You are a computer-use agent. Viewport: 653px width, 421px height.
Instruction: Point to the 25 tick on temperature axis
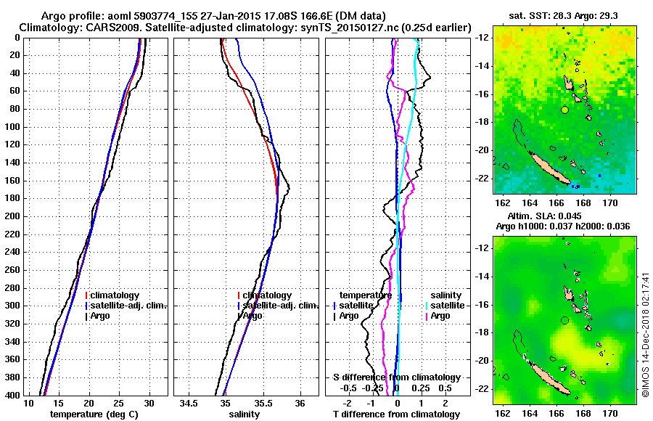pos(119,403)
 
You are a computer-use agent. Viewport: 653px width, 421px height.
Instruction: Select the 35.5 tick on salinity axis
pos(261,403)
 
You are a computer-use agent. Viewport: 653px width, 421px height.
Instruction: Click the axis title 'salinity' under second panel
pos(244,414)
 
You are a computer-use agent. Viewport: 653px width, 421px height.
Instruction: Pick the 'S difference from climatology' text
pos(396,377)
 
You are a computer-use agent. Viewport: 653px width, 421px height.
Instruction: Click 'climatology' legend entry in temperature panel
pos(117,295)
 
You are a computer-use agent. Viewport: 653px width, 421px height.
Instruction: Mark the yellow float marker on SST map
pos(564,110)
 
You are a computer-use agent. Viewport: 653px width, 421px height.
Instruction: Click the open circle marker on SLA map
pos(564,320)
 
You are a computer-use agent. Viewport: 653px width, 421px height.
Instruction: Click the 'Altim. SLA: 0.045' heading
pos(564,216)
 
